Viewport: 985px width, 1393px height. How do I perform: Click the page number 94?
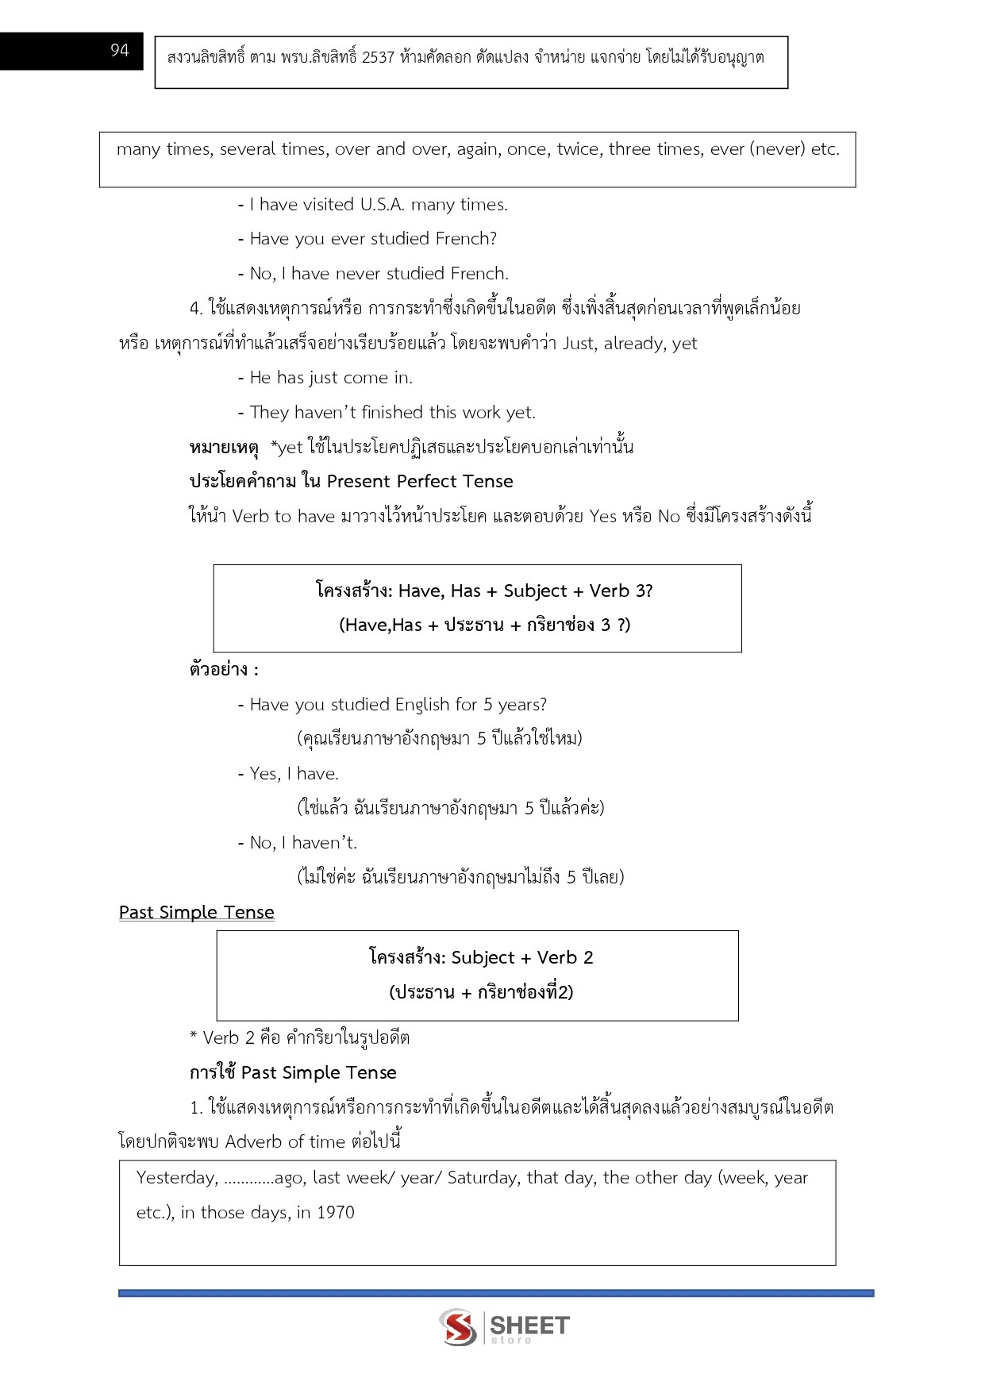(119, 51)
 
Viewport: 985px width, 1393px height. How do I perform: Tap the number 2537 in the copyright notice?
(378, 58)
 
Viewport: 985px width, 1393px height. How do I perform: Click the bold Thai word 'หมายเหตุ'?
(224, 448)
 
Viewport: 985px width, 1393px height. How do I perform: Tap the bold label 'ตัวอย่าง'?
(219, 670)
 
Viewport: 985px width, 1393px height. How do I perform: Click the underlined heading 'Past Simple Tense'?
(197, 913)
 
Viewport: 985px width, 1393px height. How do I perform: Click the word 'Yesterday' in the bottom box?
(176, 1178)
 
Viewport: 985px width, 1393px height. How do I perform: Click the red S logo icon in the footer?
(458, 1327)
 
